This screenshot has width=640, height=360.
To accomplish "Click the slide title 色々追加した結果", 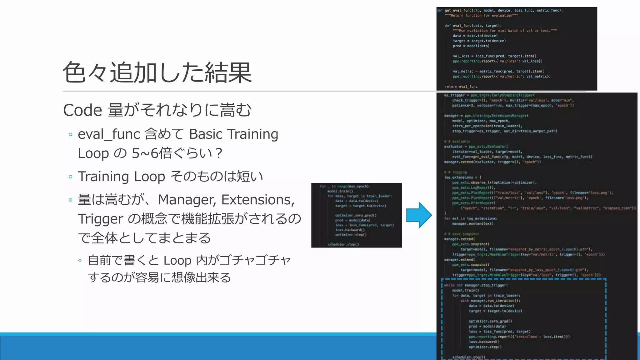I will [157, 72].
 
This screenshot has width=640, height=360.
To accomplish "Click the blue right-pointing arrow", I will [419, 215].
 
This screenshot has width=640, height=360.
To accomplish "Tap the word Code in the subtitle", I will [82, 110].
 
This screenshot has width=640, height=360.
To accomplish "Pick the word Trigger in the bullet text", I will [100, 219].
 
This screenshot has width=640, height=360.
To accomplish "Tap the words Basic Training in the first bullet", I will [233, 134].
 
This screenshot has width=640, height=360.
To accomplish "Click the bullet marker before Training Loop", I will [71, 177].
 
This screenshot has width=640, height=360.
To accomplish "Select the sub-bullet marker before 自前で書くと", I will [80, 261].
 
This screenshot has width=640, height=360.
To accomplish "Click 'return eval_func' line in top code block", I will [461, 87].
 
